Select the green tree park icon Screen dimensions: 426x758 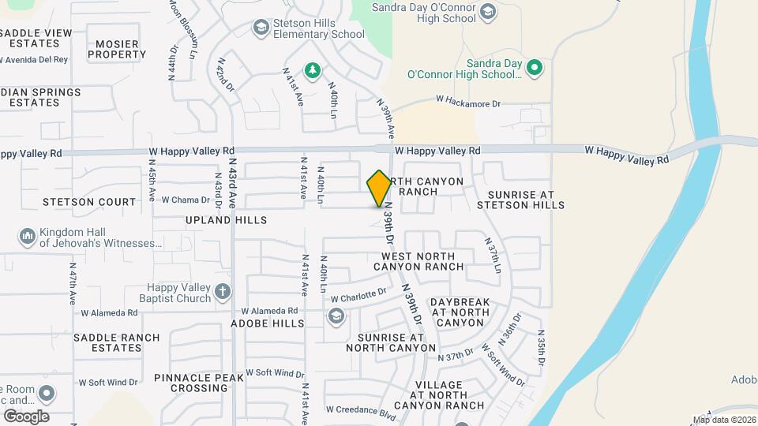[313, 71]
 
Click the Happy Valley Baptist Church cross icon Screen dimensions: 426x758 [223, 292]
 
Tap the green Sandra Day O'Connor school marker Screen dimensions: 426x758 [535, 68]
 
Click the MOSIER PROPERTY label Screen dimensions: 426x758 [117, 49]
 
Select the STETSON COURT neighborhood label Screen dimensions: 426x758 [90, 202]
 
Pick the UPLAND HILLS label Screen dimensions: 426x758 [227, 219]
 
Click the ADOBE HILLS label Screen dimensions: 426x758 [267, 323]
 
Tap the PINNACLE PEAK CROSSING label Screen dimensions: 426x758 [199, 383]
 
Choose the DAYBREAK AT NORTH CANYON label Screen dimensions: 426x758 [460, 312]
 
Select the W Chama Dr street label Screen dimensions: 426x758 [186, 200]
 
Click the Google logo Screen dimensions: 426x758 [26, 417]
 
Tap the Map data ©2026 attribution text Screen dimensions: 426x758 [724, 420]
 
